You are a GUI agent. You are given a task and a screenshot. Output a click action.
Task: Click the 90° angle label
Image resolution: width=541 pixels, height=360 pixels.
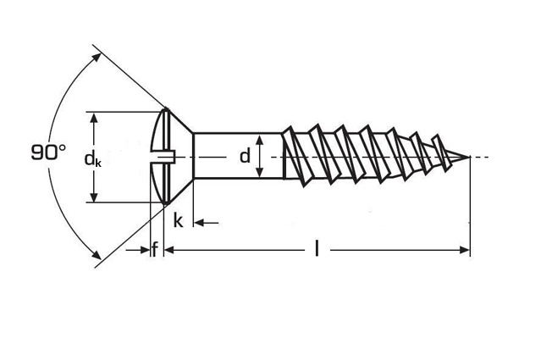[x=48, y=153]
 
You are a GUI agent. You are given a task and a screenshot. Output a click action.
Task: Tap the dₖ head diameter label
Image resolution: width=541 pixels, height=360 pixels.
[x=92, y=158]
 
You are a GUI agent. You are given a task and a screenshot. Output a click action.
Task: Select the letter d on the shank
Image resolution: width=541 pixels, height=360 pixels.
[x=245, y=156]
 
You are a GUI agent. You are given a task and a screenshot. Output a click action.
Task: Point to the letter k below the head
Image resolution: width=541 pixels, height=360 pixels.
[x=178, y=222]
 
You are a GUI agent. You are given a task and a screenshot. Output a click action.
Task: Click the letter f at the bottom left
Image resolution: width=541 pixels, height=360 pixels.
[x=154, y=249]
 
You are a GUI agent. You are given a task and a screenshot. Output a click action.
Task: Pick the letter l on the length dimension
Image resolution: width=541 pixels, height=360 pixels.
[x=317, y=249]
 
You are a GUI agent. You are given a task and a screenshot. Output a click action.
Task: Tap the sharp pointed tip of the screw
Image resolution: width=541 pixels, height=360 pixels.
[x=468, y=157]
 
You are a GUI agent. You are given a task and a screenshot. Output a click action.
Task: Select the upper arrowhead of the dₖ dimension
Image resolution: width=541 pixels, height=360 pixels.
[x=94, y=117]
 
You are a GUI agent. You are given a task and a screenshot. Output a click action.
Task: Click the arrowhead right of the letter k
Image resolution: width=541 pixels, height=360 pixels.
[x=200, y=223]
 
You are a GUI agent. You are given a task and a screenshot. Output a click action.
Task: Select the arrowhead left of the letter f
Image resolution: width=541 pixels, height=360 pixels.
[x=143, y=250]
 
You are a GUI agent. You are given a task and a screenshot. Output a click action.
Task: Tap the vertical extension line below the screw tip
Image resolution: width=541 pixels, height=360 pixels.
[x=470, y=212]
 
